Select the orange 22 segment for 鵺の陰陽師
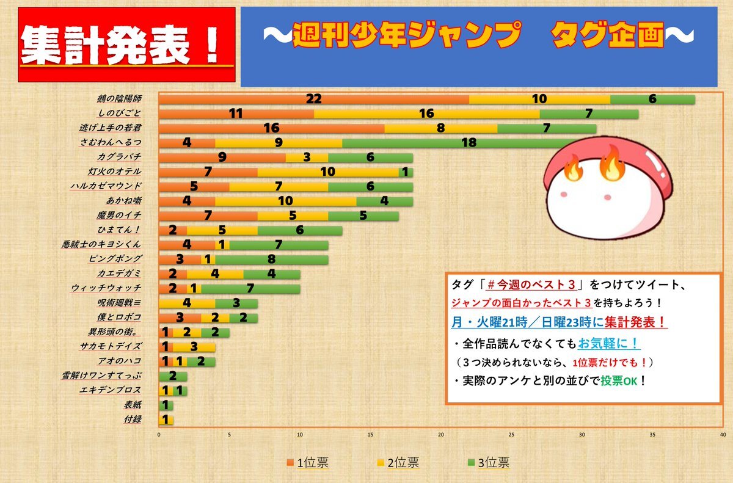click(314, 99)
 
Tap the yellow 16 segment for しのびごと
click(426, 114)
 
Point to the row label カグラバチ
click(119, 157)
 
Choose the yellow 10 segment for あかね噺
click(285, 201)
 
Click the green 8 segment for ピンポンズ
click(272, 259)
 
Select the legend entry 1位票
click(308, 463)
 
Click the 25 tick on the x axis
click(511, 435)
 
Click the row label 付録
click(133, 419)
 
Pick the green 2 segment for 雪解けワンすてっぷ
click(173, 376)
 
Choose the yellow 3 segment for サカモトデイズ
click(194, 346)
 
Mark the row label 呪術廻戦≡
click(120, 302)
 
